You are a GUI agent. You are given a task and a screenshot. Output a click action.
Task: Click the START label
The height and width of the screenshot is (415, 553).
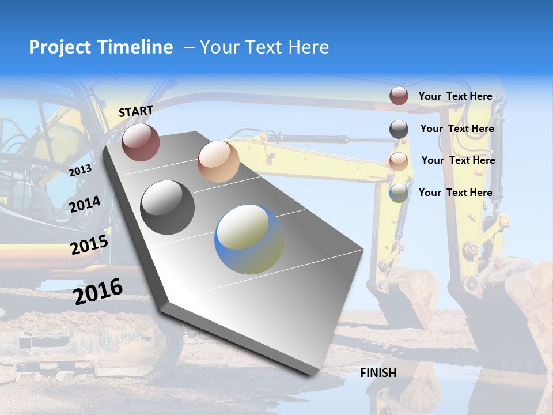(136, 111)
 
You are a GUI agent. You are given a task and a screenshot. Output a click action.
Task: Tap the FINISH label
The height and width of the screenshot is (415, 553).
(378, 373)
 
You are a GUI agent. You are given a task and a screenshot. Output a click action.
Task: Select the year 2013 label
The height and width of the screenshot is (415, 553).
(81, 170)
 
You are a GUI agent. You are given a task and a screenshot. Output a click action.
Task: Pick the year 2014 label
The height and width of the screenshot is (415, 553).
(85, 205)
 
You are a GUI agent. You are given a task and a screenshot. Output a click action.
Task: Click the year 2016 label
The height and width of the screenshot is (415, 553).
(98, 291)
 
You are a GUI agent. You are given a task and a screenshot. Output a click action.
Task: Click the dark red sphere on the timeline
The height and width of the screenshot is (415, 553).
(141, 142)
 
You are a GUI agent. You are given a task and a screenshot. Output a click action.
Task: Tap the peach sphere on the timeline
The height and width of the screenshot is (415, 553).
(218, 161)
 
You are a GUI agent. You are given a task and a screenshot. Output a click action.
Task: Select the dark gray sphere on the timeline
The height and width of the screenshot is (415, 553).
(168, 207)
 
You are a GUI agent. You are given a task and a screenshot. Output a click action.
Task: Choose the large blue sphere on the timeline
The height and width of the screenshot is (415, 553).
(249, 239)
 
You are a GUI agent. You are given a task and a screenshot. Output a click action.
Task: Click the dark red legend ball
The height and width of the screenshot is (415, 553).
(399, 96)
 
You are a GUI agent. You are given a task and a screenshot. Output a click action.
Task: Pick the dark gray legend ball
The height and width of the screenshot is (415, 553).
(399, 129)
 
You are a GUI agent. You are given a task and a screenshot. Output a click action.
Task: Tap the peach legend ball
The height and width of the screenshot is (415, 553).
(399, 161)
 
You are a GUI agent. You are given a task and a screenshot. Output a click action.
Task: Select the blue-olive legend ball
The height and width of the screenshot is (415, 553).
(399, 193)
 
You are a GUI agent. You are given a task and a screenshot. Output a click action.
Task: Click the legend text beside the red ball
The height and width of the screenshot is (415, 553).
(455, 96)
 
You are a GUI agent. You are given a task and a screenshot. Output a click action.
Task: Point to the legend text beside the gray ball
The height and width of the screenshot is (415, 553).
(457, 129)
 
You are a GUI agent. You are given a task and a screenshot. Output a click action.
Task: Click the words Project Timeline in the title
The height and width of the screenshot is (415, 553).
(101, 47)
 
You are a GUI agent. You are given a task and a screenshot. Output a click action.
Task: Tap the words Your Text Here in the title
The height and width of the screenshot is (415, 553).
(264, 47)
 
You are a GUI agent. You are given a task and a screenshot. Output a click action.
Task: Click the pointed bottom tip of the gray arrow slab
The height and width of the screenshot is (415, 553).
(311, 373)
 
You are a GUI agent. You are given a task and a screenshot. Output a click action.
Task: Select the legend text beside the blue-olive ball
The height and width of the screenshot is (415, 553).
(455, 193)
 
